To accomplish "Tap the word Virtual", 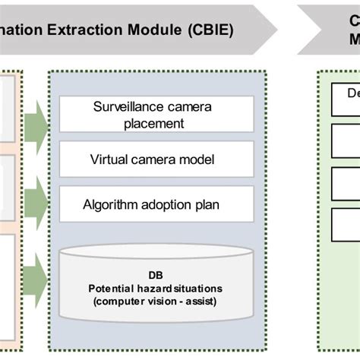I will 110,160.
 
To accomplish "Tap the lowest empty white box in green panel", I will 346,223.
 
